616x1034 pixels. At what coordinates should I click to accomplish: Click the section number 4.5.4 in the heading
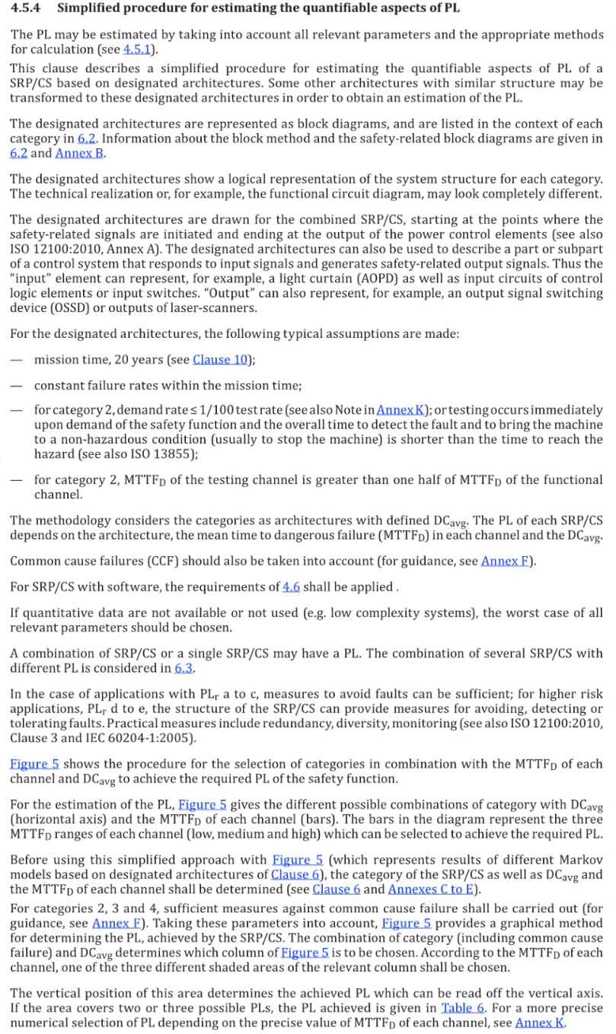27,9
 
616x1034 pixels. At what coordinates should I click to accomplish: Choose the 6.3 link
184,668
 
